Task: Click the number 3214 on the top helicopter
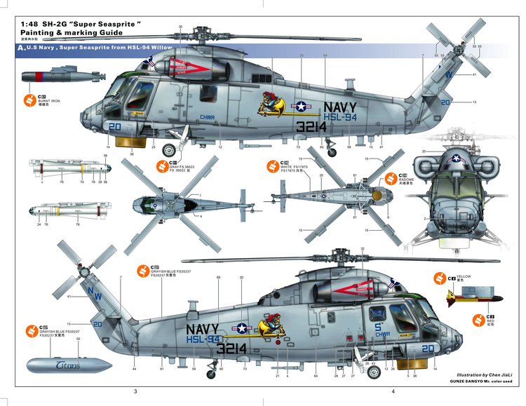[311, 127]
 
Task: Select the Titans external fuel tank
[68, 365]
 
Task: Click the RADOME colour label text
[407, 179]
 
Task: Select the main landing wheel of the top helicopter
[169, 149]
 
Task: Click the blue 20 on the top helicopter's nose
[116, 126]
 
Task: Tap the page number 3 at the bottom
[134, 391]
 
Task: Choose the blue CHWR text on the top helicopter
[208, 118]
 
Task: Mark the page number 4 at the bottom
[393, 391]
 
